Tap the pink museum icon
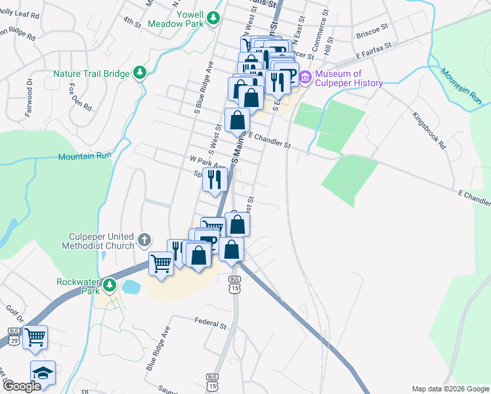click(305, 77)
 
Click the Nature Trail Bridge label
click(92, 74)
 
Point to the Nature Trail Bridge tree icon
click(139, 72)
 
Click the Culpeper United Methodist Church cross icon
click(145, 241)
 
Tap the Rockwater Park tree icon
click(110, 286)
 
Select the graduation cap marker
click(43, 373)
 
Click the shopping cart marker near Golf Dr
click(35, 338)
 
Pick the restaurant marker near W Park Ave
click(215, 180)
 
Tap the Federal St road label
click(210, 324)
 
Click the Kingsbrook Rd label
click(429, 132)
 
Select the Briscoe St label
click(372, 32)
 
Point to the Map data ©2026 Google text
click(450, 389)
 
